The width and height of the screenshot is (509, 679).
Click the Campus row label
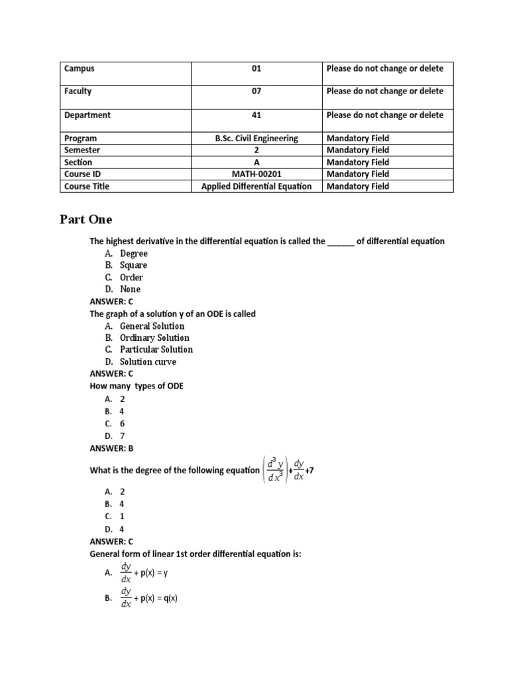click(80, 68)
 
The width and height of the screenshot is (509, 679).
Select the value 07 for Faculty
click(256, 92)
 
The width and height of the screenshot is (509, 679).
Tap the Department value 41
click(256, 115)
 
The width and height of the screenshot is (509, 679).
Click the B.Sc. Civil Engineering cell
click(256, 139)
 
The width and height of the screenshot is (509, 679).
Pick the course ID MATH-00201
click(256, 174)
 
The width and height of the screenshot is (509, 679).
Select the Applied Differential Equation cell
click(256, 186)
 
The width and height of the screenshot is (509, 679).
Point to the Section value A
click(256, 162)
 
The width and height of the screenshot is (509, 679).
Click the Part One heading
click(86, 219)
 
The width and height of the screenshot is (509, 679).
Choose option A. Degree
click(126, 253)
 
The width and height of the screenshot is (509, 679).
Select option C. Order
click(124, 277)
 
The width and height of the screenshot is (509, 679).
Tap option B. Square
click(126, 265)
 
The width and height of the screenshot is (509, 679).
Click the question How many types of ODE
click(137, 387)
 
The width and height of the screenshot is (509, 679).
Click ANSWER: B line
click(111, 448)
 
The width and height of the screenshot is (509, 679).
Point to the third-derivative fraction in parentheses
click(274, 470)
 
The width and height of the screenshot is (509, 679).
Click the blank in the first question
click(341, 241)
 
